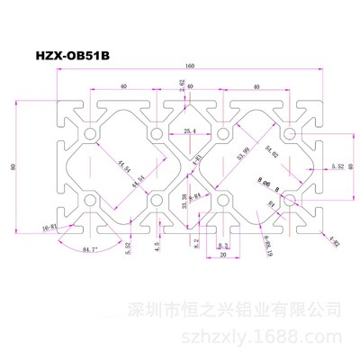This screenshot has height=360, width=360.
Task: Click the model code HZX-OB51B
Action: tap(76, 53)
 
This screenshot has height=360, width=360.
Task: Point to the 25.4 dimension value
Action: tap(189, 131)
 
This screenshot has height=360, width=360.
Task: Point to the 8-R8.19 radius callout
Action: tap(265, 246)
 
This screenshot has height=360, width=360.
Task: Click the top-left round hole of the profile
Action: tap(91, 133)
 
